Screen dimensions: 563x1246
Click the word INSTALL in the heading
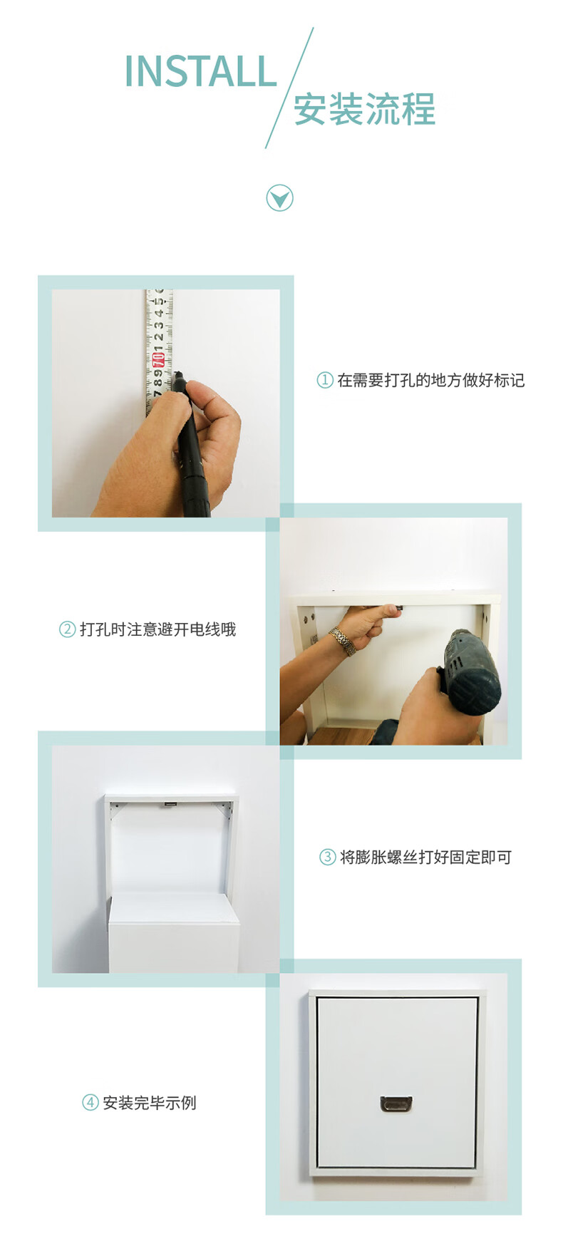[x=200, y=71]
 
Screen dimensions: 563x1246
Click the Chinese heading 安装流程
[x=364, y=110]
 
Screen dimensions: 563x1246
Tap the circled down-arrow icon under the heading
[x=279, y=198]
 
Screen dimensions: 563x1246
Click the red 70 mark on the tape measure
[x=158, y=358]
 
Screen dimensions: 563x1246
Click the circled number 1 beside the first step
[x=325, y=380]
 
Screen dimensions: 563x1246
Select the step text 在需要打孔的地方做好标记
[x=431, y=380]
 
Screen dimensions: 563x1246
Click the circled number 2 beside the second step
[x=67, y=629]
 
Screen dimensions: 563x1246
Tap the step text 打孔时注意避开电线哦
[x=157, y=629]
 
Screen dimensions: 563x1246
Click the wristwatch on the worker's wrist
[x=343, y=641]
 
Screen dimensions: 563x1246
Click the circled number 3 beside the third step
[x=327, y=857]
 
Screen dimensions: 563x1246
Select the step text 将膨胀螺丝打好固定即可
[x=425, y=857]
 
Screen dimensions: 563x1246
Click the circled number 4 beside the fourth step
[x=90, y=1103]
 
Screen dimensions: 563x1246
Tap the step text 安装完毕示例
[x=150, y=1103]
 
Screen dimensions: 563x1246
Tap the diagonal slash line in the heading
[x=289, y=88]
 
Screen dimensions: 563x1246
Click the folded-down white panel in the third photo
[x=173, y=932]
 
